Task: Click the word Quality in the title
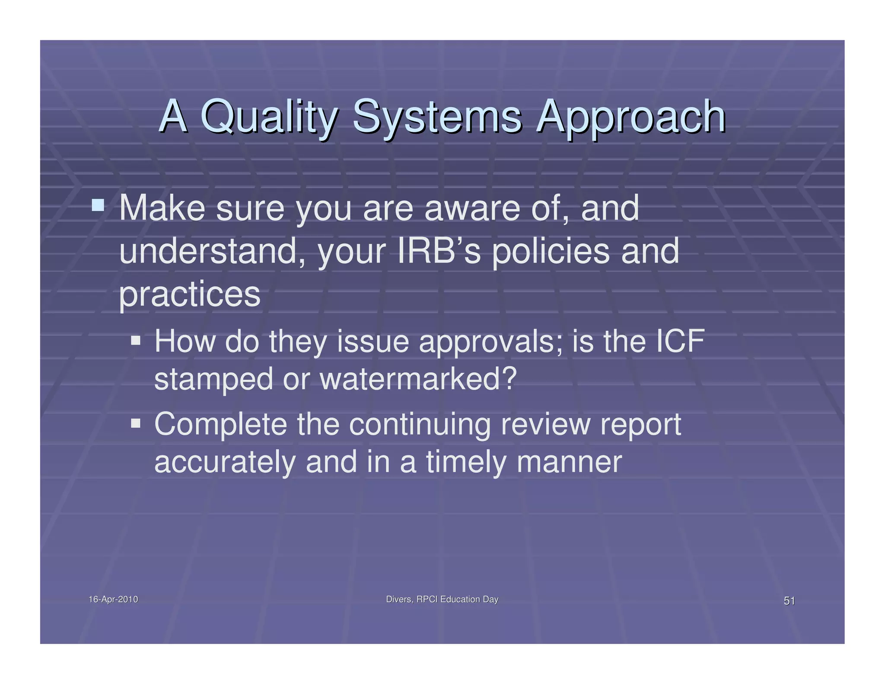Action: [x=268, y=117]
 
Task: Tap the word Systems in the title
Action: [x=437, y=117]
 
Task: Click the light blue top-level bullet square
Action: [x=98, y=205]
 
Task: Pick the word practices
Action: [x=190, y=294]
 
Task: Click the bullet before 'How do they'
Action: [x=136, y=340]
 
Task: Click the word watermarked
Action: [x=417, y=378]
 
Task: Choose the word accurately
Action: [x=225, y=462]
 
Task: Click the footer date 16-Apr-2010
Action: [x=113, y=599]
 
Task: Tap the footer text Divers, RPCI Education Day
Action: [x=442, y=599]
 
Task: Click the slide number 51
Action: [x=789, y=601]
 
